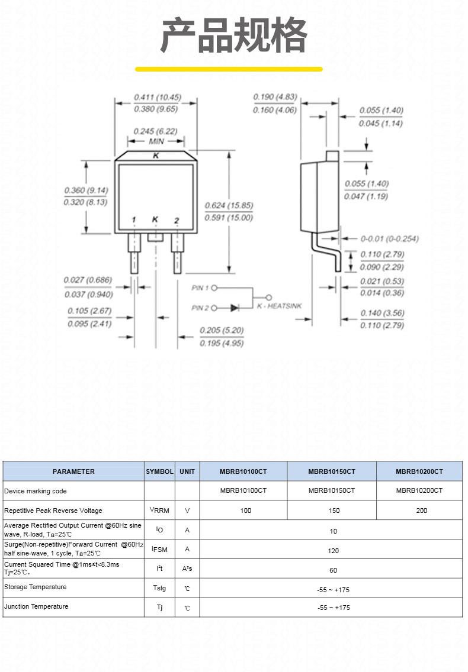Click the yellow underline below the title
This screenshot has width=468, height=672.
(x=229, y=69)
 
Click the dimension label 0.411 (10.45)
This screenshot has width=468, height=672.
(x=158, y=97)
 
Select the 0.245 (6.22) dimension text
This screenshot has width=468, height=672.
(x=155, y=131)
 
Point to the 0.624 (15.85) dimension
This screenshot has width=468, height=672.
(x=229, y=205)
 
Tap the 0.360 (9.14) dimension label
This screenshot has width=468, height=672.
(x=86, y=190)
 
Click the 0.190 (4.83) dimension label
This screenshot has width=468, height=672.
(x=275, y=97)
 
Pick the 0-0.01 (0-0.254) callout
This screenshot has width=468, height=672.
(x=389, y=239)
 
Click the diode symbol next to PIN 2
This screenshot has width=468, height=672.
(x=235, y=308)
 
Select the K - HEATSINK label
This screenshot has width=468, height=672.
(x=279, y=306)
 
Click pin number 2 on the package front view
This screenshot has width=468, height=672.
(x=177, y=220)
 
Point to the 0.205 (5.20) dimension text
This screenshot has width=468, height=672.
(x=222, y=331)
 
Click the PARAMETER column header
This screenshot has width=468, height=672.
(x=73, y=471)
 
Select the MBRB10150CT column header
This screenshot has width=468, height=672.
(x=332, y=471)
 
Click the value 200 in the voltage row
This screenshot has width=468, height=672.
(x=422, y=511)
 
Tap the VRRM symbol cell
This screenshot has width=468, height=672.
(x=159, y=510)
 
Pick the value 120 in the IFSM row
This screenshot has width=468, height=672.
(x=333, y=551)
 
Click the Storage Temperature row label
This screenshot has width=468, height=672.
(x=35, y=587)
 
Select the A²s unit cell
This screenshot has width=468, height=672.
(x=187, y=568)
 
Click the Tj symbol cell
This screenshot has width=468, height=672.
(x=160, y=608)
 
